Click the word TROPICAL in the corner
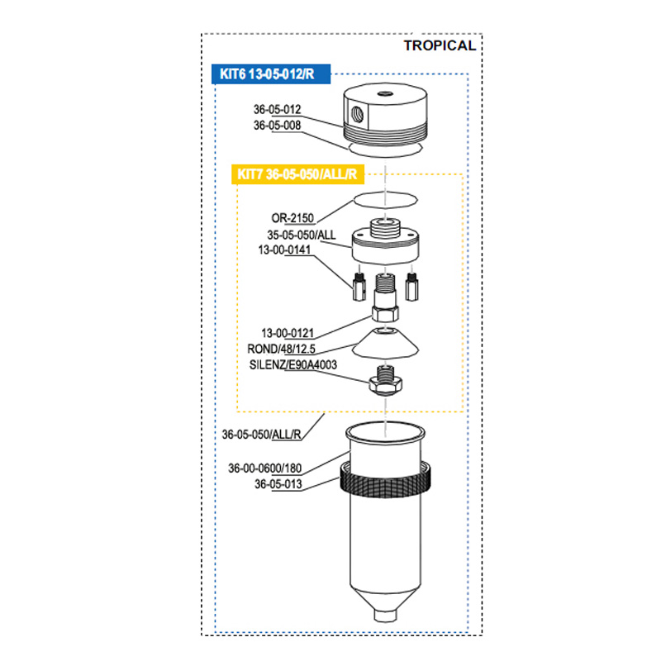coord(439,45)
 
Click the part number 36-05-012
coord(277,109)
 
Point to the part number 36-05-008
coord(277,126)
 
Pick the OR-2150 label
coord(291,219)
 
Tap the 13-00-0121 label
coord(285,333)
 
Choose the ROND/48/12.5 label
coord(282,348)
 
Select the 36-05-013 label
coord(277,484)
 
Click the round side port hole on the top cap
coord(354,109)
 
